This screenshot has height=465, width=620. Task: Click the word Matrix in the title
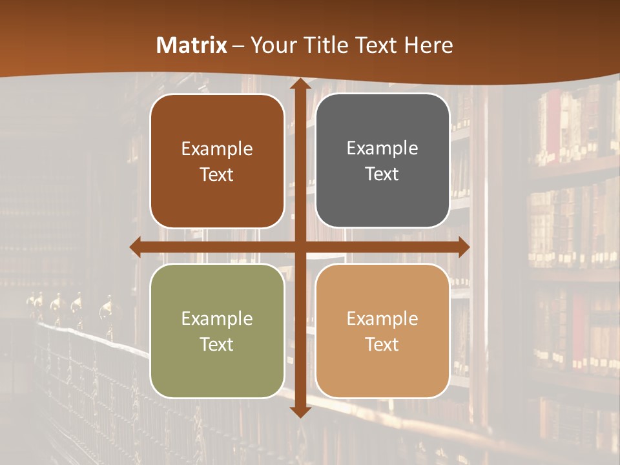(192, 45)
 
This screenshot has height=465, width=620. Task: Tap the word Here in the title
(428, 45)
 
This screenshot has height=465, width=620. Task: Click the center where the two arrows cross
(300, 247)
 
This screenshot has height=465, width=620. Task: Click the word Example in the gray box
(382, 148)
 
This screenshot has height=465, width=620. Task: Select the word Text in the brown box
(217, 174)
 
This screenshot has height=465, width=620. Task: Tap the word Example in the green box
(217, 318)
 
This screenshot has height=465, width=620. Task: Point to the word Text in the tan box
(382, 344)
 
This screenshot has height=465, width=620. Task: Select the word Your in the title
(271, 45)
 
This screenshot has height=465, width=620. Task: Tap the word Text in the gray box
(382, 174)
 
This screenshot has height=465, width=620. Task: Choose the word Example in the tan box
(382, 318)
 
